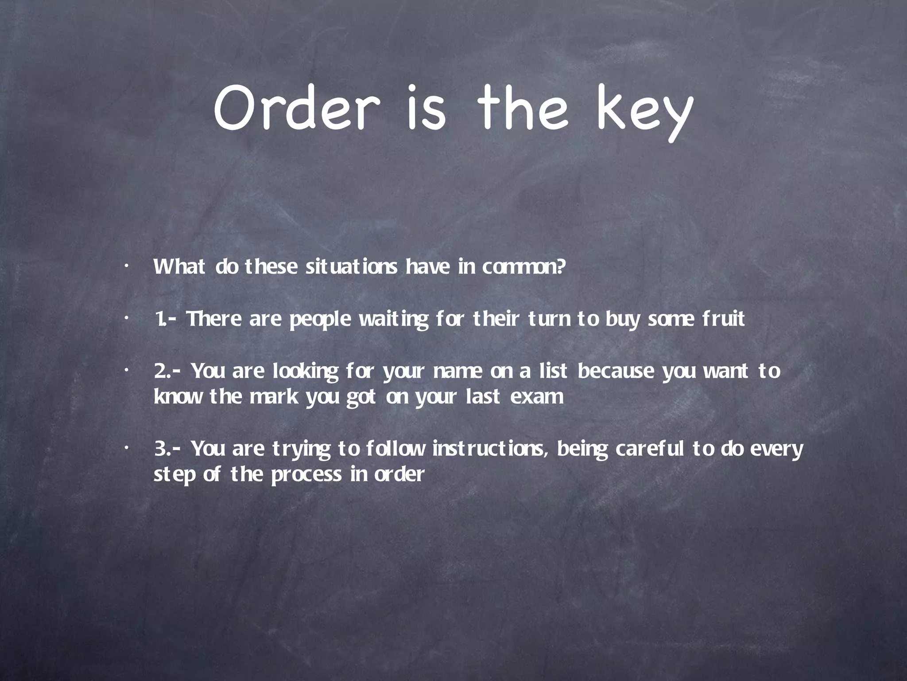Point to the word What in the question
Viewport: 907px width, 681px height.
[x=179, y=267]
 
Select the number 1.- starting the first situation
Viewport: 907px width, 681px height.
[x=167, y=319]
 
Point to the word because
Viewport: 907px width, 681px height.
[x=616, y=371]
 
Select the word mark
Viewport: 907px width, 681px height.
[x=274, y=396]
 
